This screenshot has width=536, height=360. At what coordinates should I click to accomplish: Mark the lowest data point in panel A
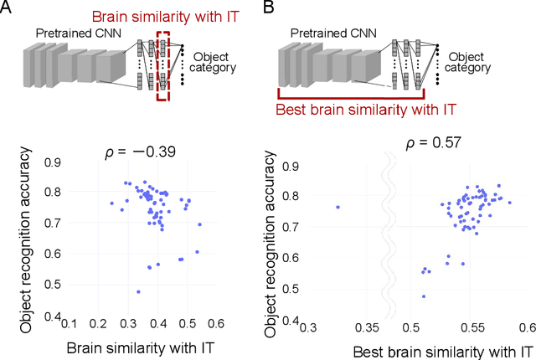point(138,292)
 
